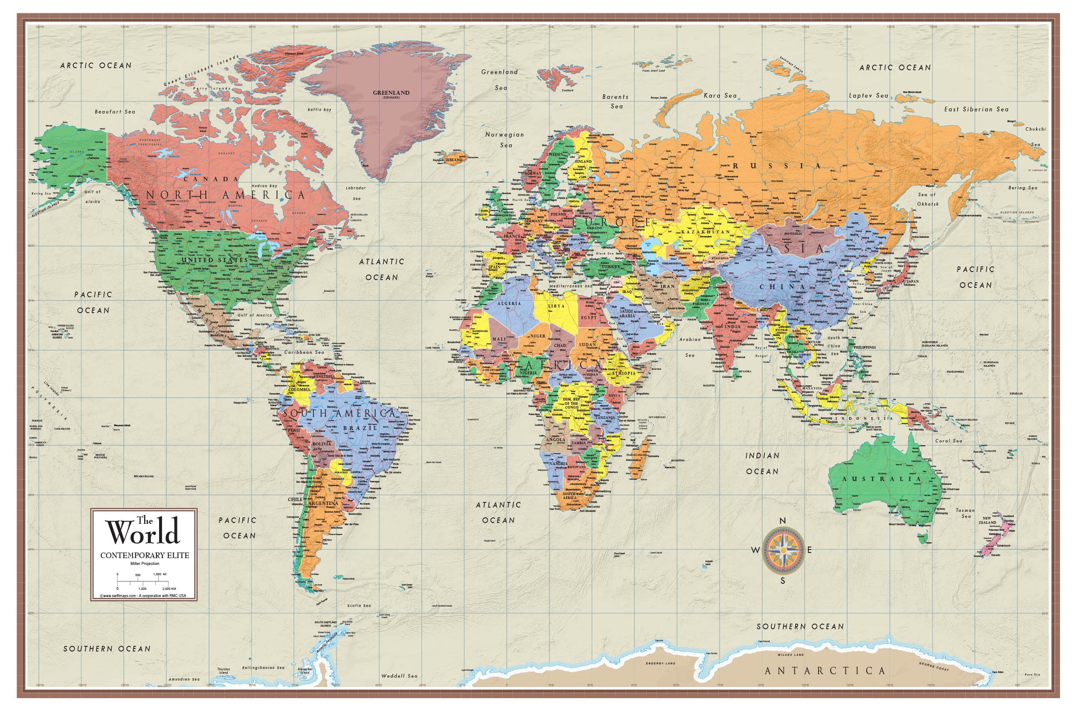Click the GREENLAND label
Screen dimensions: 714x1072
click(x=391, y=93)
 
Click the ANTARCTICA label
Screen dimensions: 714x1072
click(x=825, y=671)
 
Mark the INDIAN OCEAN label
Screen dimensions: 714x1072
click(x=762, y=463)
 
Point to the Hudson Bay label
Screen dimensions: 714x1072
click(x=264, y=186)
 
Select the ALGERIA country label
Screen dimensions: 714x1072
click(x=509, y=303)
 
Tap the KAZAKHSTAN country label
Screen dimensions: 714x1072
click(x=705, y=232)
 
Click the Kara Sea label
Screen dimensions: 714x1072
click(x=720, y=96)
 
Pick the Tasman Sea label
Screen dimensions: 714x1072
click(x=965, y=513)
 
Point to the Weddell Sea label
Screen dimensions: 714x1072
click(x=399, y=676)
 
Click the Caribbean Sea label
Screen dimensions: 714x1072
click(x=304, y=353)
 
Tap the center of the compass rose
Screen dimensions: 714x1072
click(x=783, y=550)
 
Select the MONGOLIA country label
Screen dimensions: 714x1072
click(x=792, y=233)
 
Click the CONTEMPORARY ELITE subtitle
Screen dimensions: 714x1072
click(x=145, y=556)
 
